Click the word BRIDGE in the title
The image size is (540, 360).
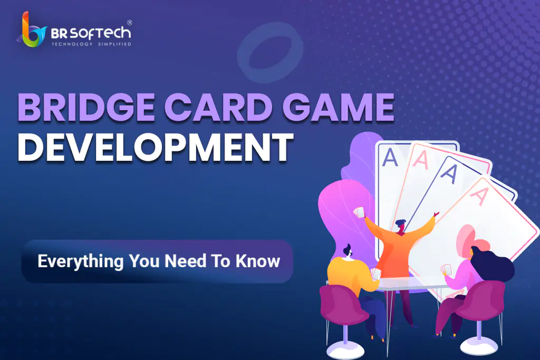[86, 107]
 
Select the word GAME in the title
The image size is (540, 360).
[338, 107]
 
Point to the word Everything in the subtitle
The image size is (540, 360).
[80, 261]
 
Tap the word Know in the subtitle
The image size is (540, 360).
[257, 261]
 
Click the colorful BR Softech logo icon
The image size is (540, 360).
[31, 30]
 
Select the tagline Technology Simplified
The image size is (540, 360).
[91, 44]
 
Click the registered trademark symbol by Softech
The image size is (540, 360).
[130, 23]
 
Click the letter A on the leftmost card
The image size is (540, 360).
[390, 158]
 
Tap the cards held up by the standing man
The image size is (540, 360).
[359, 212]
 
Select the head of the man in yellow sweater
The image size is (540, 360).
[348, 251]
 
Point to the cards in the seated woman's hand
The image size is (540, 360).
[446, 269]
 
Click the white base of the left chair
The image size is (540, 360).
[345, 351]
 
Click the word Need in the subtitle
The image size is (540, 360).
[185, 261]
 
